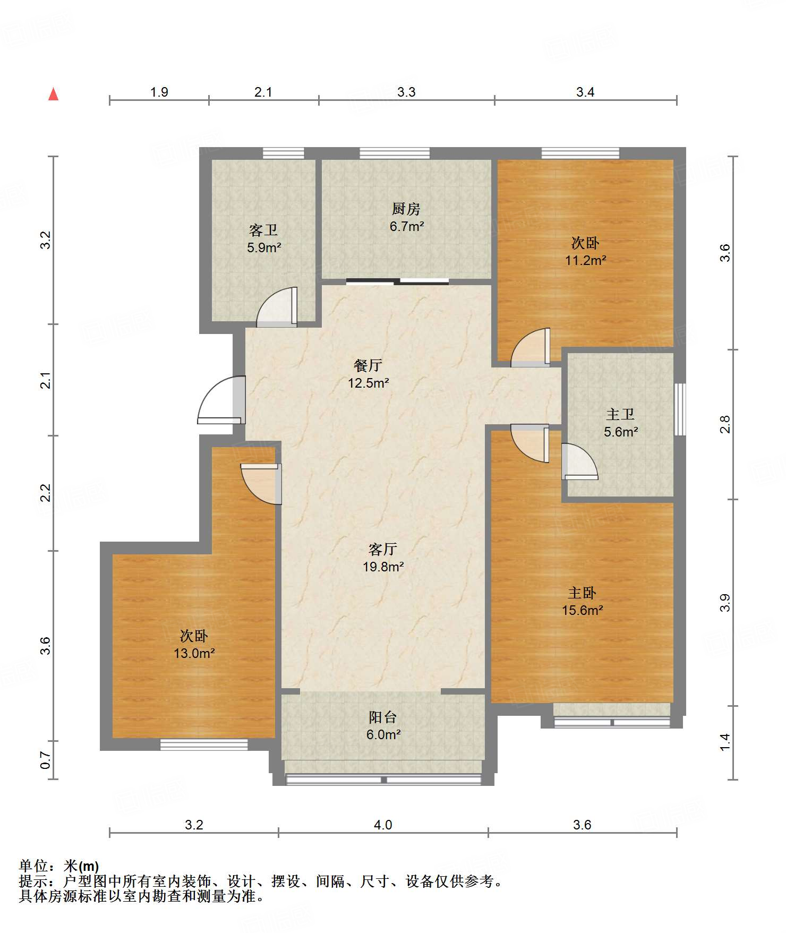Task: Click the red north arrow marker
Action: pyautogui.click(x=53, y=94)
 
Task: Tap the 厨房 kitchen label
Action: pyautogui.click(x=406, y=209)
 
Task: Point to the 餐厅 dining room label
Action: pyautogui.click(x=368, y=365)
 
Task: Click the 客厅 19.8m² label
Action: pyautogui.click(x=383, y=558)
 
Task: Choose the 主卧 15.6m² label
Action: pyautogui.click(x=583, y=601)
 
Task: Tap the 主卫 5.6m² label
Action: pyautogui.click(x=620, y=423)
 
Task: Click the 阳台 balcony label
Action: pyautogui.click(x=383, y=717)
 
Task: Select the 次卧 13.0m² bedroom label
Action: pyautogui.click(x=194, y=644)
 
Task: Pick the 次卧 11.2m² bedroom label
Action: pyautogui.click(x=585, y=251)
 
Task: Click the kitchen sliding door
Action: pyautogui.click(x=398, y=281)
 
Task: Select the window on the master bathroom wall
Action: pyautogui.click(x=680, y=409)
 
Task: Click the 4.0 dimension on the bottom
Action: pyautogui.click(x=383, y=825)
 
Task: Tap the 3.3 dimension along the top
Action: pyautogui.click(x=406, y=92)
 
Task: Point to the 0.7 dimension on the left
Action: pyautogui.click(x=46, y=760)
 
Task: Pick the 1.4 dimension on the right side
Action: pyautogui.click(x=725, y=742)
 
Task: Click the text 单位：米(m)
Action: pyautogui.click(x=59, y=866)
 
